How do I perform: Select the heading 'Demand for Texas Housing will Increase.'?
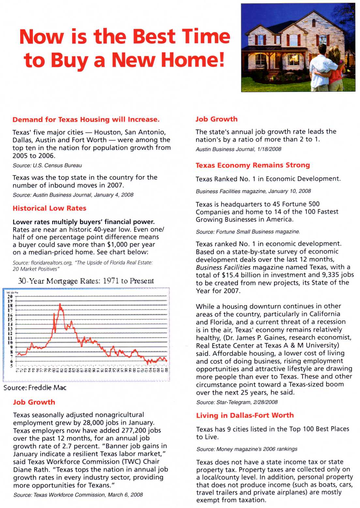click(x=86, y=119)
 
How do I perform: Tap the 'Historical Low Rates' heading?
click(x=50, y=208)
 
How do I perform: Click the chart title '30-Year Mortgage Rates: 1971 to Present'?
click(x=86, y=281)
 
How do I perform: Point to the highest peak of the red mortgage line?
click(x=60, y=304)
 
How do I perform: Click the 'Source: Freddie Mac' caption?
click(x=35, y=388)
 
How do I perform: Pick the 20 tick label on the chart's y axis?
click(x=10, y=296)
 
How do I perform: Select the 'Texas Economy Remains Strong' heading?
click(x=253, y=165)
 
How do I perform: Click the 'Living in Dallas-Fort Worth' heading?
click(x=245, y=415)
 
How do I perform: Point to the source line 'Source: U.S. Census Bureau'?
click(x=47, y=165)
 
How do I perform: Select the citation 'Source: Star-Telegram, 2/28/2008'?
click(x=237, y=402)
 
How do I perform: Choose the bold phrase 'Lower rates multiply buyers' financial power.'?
click(x=83, y=222)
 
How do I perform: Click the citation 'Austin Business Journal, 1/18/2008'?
click(x=238, y=149)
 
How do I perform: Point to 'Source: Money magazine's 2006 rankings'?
click(x=247, y=449)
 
